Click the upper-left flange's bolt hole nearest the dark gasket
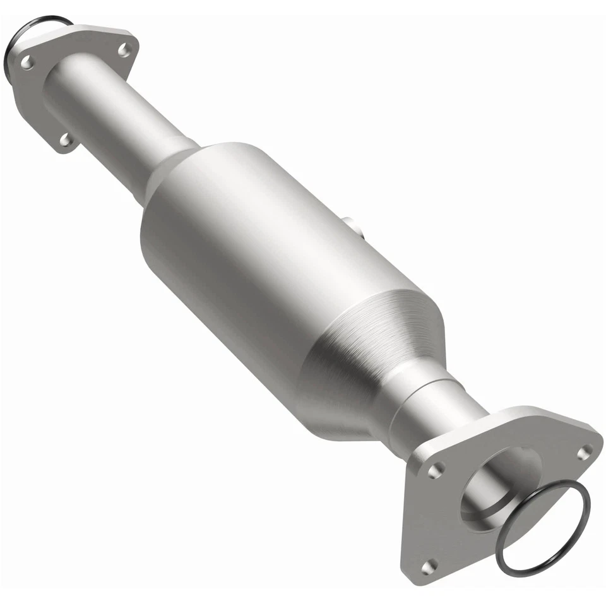[27, 62]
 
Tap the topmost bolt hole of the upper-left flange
[125, 49]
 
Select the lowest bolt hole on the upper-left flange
[66, 140]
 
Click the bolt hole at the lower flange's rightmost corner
[584, 451]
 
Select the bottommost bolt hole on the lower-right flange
[430, 566]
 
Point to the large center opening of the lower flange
[499, 486]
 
